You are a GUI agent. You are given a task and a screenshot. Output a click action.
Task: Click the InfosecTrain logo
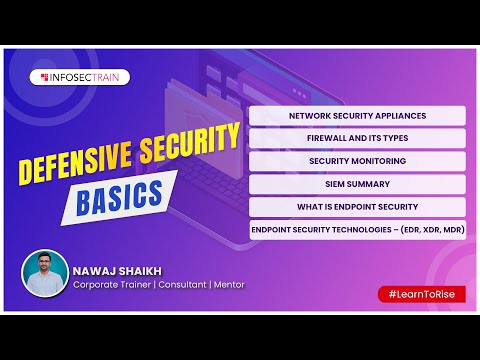coord(82,76)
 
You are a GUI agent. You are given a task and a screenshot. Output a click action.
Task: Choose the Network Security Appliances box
coord(357,115)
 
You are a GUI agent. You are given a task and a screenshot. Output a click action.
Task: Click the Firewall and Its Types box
coord(357,138)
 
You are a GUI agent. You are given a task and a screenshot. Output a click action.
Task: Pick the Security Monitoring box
coord(357,161)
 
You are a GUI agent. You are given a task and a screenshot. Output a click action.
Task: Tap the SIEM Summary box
coord(357,184)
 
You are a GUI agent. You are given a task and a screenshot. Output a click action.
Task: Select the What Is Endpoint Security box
coord(357,207)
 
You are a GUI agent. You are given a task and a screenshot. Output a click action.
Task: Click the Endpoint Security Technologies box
coord(357,230)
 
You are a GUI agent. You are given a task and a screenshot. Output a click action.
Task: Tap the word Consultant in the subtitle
coord(172,284)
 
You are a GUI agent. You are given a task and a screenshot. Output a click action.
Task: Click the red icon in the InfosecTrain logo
coord(45,76)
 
